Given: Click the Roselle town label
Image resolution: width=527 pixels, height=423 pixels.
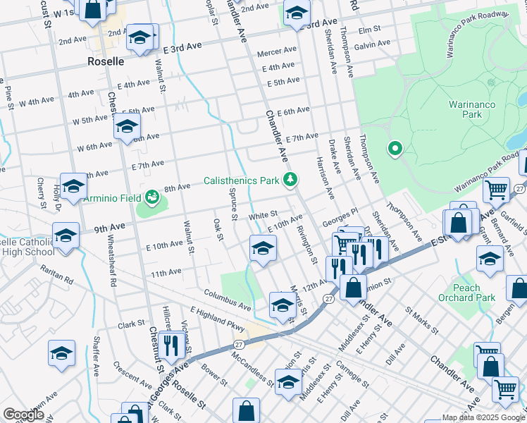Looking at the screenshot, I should coord(106,61).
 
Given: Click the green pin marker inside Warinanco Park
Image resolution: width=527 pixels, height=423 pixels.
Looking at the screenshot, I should coord(395,149).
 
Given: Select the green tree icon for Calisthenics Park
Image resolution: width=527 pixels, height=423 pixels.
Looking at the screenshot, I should coord(289,180).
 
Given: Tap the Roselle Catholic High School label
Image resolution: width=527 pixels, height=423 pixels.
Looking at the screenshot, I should coord(27,247).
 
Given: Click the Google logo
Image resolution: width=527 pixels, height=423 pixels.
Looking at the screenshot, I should coord(23,415).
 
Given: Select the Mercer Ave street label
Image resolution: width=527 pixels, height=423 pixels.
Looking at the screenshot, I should coord(277,51).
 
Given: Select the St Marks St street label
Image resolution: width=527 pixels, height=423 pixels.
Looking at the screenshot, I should coord(421,319).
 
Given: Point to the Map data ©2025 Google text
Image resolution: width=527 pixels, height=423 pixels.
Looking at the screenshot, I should coord(483,417).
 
